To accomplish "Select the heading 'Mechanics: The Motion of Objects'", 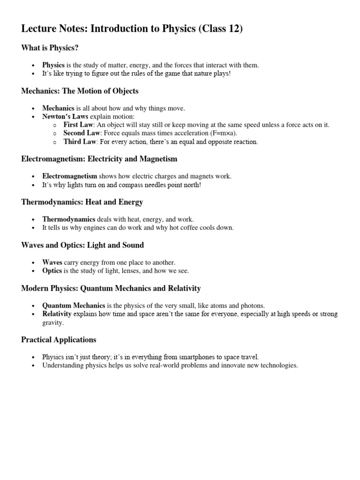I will tap(80, 90).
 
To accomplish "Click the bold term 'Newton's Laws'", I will tap(65, 116).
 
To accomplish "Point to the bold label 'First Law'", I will tap(78, 125).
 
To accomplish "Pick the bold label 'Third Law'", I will tap(80, 142).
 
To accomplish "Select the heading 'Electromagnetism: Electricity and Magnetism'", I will tap(99, 159).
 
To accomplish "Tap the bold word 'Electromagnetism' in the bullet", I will tap(69, 176).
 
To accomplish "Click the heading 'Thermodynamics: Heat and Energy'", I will tap(82, 202).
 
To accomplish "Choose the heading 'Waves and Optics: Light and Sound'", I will tap(82, 245).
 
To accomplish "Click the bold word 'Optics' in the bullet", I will tap(52, 271).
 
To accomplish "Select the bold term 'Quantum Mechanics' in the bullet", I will tap(74, 305).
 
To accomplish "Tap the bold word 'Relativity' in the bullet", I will tap(57, 314).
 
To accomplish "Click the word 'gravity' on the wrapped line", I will tap(52, 323).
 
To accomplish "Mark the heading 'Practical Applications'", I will tap(59, 339).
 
